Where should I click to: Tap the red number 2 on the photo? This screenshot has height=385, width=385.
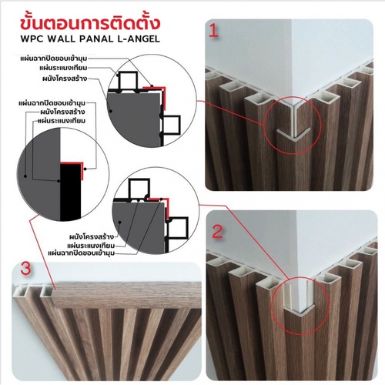pos(218,231)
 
